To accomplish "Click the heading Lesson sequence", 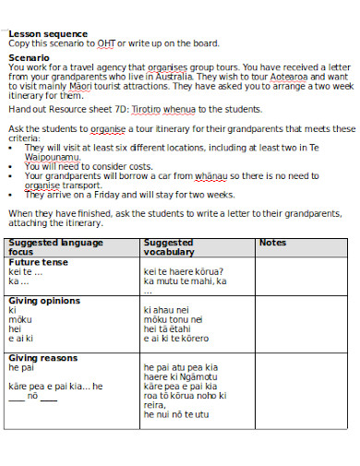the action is click(x=48, y=34).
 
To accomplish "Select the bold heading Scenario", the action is click(x=30, y=57).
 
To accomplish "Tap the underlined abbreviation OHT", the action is click(x=119, y=42).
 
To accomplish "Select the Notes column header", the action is click(x=273, y=243).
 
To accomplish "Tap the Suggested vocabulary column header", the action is click(x=169, y=247).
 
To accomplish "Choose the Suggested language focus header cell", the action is click(x=55, y=247).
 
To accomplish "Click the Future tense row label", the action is click(x=38, y=262).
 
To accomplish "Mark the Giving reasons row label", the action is click(x=42, y=358).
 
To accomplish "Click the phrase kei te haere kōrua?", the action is click(x=182, y=271).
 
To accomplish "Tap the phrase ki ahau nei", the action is click(x=167, y=311).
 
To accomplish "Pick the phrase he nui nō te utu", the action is click(x=176, y=415).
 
